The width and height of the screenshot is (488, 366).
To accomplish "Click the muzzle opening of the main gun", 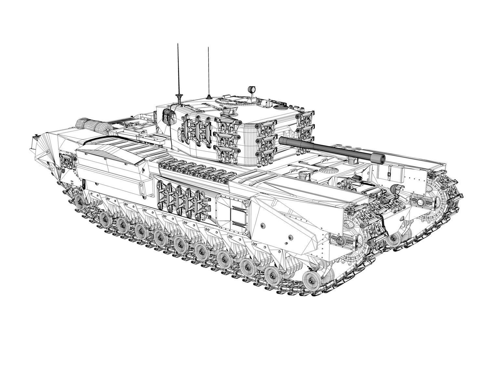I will [381, 158].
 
